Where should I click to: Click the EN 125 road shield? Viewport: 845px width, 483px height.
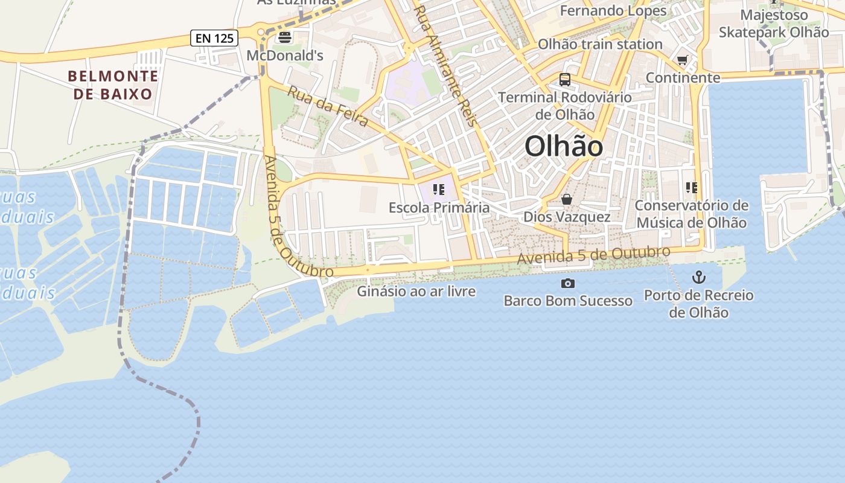214,38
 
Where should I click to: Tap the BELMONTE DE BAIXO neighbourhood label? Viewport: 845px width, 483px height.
113,85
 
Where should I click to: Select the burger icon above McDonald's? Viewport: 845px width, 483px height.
284,37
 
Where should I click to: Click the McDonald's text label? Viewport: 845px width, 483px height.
285,56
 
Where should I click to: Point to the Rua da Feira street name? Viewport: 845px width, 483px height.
327,107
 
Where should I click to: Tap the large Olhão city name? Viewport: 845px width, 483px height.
563,146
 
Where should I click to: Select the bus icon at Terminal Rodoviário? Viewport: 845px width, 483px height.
565,79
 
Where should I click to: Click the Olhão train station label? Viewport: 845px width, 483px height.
600,44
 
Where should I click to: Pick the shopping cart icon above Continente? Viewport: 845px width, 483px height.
683,60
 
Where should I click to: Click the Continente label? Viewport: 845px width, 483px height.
683,78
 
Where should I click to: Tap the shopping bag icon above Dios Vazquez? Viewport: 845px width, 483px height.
567,199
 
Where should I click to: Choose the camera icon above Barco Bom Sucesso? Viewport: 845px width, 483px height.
568,283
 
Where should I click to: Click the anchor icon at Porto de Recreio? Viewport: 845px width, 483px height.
698,277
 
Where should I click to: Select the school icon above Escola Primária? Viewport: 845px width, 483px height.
439,190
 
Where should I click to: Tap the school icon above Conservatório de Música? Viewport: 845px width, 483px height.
692,188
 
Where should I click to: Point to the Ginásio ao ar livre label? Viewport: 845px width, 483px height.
416,292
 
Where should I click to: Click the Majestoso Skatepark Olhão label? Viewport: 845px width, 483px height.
774,24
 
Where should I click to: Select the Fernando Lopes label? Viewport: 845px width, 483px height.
613,11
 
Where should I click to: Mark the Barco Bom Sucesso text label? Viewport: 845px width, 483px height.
568,301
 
